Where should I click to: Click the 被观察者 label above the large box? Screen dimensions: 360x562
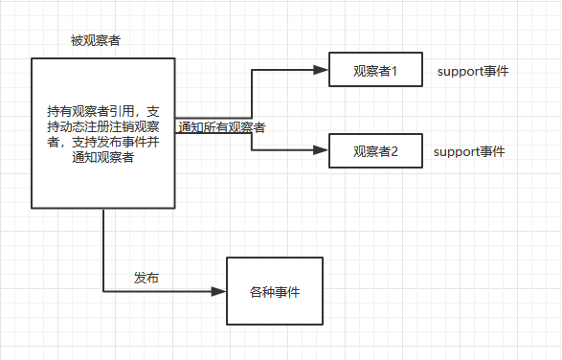pyautogui.click(x=96, y=41)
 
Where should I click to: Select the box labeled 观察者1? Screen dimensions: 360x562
pyautogui.click(x=374, y=70)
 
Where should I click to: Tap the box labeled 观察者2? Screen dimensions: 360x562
pyautogui.click(x=374, y=150)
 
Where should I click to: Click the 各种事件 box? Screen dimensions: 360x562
pyautogui.click(x=274, y=292)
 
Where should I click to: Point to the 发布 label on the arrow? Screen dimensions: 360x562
pyautogui.click(x=146, y=278)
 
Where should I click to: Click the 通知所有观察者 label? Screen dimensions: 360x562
pyautogui.click(x=221, y=126)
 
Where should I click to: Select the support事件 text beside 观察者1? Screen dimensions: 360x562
pyautogui.click(x=472, y=72)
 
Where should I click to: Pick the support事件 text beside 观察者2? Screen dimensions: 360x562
pyautogui.click(x=469, y=151)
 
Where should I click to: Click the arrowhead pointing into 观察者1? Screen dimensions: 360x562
pyautogui.click(x=322, y=70)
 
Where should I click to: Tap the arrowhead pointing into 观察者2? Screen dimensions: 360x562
pyautogui.click(x=322, y=150)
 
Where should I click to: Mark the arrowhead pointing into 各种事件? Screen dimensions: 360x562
pyautogui.click(x=219, y=291)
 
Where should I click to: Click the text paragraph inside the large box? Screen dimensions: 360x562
pyautogui.click(x=103, y=134)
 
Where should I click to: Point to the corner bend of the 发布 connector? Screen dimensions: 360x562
pyautogui.click(x=103, y=291)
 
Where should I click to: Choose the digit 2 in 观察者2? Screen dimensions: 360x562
pyautogui.click(x=393, y=150)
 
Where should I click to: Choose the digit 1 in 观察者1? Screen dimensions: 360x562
pyautogui.click(x=393, y=70)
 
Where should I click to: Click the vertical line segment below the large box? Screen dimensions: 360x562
pyautogui.click(x=103, y=249)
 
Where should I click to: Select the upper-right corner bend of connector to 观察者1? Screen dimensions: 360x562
pyautogui.click(x=252, y=70)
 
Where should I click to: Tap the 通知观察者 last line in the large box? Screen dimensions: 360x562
pyautogui.click(x=103, y=158)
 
